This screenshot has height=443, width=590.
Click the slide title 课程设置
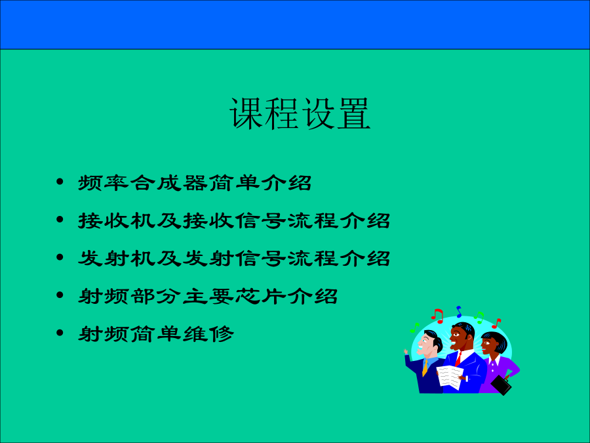click(x=300, y=114)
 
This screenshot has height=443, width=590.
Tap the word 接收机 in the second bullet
click(x=117, y=221)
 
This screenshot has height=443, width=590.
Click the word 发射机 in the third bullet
click(x=117, y=258)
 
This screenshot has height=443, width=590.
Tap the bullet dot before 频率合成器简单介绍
click(x=60, y=182)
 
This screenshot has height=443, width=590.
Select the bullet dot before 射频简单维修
click(x=60, y=333)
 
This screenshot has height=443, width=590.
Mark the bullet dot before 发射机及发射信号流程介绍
click(x=60, y=257)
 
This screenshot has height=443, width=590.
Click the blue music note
click(x=459, y=312)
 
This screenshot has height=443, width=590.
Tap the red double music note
click(x=438, y=316)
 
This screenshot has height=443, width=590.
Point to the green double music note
click(x=479, y=318)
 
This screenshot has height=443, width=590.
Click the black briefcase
click(x=501, y=385)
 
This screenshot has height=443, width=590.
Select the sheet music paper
click(x=450, y=377)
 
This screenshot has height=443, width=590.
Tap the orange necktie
click(x=425, y=368)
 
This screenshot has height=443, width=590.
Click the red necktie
click(x=458, y=358)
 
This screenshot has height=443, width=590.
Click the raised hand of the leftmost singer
click(x=406, y=352)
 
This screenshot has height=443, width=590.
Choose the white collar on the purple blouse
click(x=494, y=361)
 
